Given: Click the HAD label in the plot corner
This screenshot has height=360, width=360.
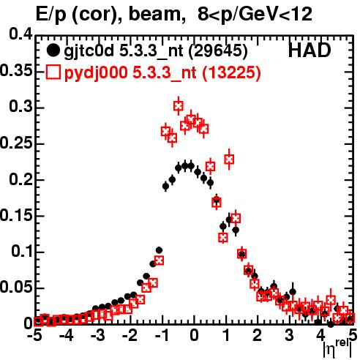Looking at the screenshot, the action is click(x=310, y=50).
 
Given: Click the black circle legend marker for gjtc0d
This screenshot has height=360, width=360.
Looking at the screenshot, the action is click(x=53, y=50).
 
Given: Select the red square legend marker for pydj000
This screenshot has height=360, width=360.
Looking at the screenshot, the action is click(x=53, y=72).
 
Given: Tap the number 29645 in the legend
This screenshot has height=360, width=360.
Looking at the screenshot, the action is click(x=218, y=51).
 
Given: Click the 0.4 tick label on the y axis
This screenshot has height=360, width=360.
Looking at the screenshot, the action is click(x=20, y=34).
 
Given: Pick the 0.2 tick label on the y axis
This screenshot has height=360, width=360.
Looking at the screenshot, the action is click(x=20, y=179).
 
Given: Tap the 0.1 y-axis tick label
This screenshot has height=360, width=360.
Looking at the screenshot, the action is click(x=21, y=251).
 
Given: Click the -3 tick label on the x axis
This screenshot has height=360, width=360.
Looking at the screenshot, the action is click(x=98, y=335).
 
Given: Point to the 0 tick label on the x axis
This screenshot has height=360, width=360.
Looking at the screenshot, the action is click(x=194, y=335).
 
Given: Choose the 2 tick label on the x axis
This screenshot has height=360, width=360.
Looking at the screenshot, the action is click(x=258, y=335).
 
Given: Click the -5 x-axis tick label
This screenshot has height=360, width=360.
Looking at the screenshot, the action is click(x=34, y=335).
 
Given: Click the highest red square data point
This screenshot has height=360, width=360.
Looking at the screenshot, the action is click(x=179, y=106).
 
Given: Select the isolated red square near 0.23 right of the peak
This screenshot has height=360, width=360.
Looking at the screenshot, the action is click(x=229, y=160).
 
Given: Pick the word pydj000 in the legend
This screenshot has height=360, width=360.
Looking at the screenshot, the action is click(x=96, y=73).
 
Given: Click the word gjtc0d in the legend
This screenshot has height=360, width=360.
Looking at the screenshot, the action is click(x=89, y=51).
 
